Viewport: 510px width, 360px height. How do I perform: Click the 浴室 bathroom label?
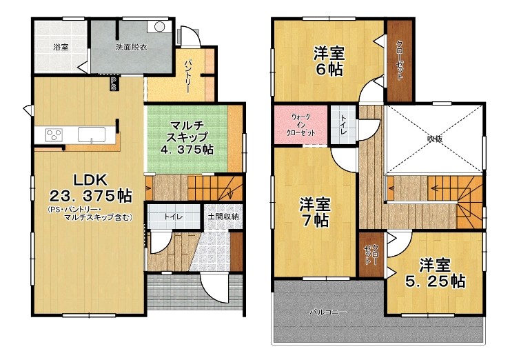(61, 47)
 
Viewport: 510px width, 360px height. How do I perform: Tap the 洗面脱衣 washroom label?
(132, 47)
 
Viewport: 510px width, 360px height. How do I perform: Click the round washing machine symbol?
(159, 27)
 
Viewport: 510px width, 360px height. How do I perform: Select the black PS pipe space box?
(113, 83)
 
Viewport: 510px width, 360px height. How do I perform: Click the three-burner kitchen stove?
(54, 134)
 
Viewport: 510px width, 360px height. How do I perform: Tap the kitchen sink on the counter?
(92, 134)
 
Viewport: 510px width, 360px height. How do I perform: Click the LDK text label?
(90, 179)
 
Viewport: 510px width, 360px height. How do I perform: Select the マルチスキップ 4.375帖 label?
(187, 137)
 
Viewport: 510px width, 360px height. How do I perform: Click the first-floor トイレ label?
(173, 217)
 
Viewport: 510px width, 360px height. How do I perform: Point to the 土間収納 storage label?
(223, 216)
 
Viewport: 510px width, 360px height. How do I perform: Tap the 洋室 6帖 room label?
(329, 61)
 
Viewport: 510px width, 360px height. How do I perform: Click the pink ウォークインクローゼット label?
(300, 125)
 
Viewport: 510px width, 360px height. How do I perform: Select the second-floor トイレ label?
(343, 126)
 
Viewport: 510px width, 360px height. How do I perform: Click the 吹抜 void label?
(435, 139)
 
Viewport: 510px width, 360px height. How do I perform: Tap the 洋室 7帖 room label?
(315, 212)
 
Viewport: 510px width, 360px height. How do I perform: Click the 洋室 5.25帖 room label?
(435, 273)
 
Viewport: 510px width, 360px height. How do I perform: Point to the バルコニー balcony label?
(327, 312)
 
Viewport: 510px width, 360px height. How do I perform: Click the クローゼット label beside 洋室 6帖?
(400, 60)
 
